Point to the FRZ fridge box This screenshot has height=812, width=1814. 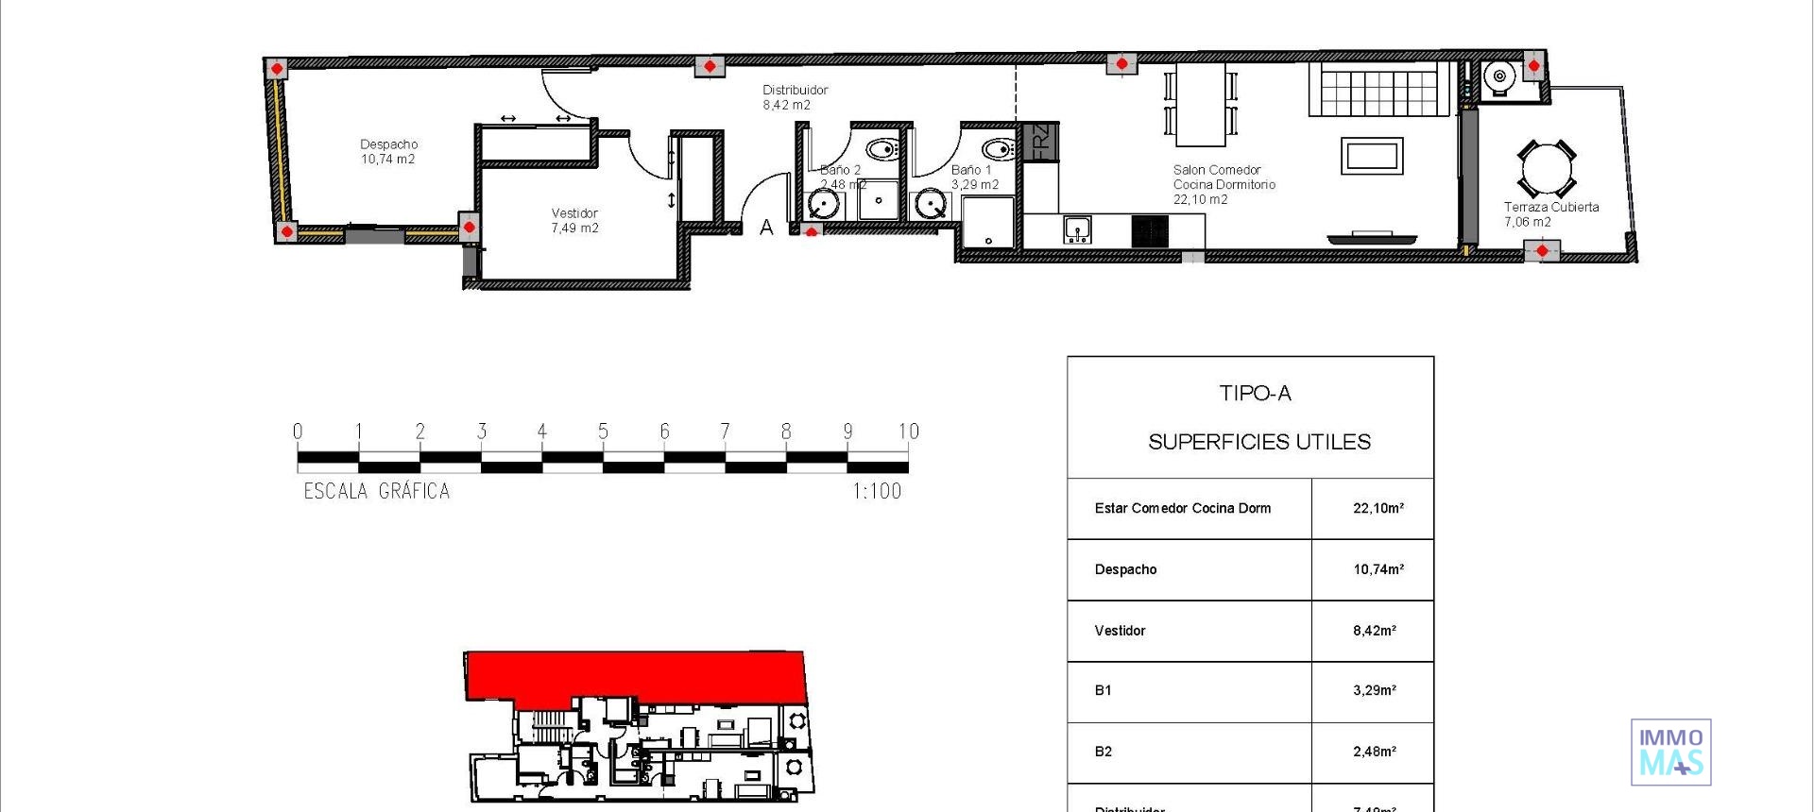click(x=1040, y=142)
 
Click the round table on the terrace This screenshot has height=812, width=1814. click(x=1546, y=169)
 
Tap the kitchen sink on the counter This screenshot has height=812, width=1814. click(x=1077, y=228)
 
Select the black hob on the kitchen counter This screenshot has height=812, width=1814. click(x=1150, y=230)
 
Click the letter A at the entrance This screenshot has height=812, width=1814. click(x=766, y=228)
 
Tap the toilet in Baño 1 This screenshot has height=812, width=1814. click(x=998, y=149)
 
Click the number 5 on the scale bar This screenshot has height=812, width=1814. click(x=603, y=431)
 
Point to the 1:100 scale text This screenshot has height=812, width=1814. click(x=876, y=491)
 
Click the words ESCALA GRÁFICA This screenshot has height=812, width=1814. click(x=376, y=491)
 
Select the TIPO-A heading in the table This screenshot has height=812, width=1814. click(x=1255, y=394)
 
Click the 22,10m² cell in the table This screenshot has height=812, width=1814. click(x=1378, y=508)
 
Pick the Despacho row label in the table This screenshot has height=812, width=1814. click(x=1125, y=569)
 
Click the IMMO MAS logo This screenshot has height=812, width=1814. click(x=1670, y=752)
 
